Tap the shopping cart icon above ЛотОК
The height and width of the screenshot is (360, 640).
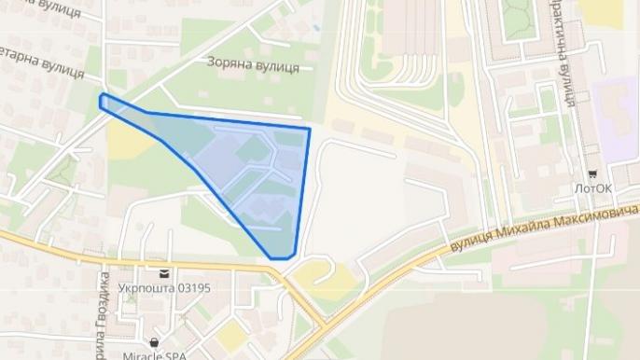pyautogui.click(x=592, y=173)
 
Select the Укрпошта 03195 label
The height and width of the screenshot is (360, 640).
pyautogui.click(x=165, y=288)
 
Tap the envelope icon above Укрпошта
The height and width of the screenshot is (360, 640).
pyautogui.click(x=164, y=273)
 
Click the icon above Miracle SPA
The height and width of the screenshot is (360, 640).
pyautogui.click(x=154, y=342)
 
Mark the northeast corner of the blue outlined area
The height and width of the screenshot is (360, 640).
pyautogui.click(x=309, y=129)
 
